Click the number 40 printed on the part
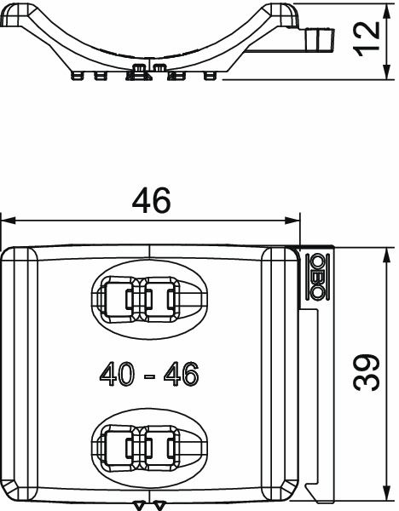click(x=116, y=374)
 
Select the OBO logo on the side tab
click(x=316, y=277)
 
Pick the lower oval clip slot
click(x=148, y=445)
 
